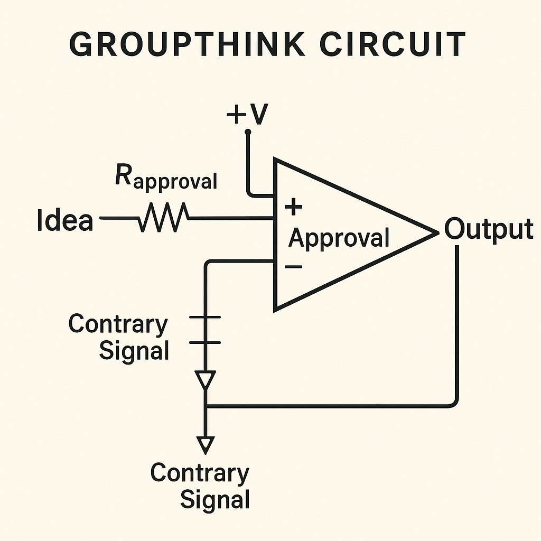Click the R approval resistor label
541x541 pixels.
coord(165,179)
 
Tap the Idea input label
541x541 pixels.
coord(65,220)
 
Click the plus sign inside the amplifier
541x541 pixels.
coord(293,207)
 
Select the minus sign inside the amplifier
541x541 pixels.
coord(294,266)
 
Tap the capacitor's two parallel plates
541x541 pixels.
coord(205,330)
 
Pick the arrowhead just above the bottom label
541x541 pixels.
coord(205,444)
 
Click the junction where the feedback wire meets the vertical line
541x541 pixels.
coord(205,406)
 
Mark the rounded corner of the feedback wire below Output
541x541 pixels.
coord(455,403)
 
